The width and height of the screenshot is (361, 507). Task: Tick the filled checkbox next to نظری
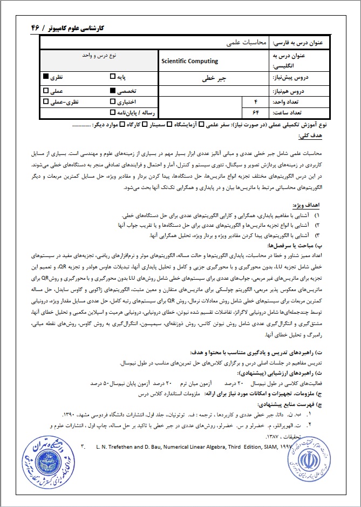pos(46,78)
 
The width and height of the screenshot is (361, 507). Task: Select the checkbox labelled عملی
pos(46,91)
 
